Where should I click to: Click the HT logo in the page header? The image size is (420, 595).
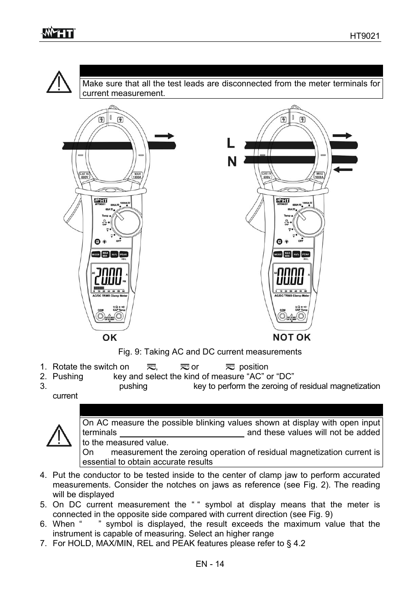click(x=58, y=33)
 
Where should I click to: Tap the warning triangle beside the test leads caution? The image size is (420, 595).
click(x=59, y=82)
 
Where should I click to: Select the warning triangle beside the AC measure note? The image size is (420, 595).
click(x=59, y=437)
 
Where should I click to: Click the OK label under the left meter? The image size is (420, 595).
click(x=110, y=338)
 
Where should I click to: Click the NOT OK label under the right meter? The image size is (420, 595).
click(x=291, y=337)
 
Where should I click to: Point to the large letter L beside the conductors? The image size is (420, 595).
click(x=231, y=143)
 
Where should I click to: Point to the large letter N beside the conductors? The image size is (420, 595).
click(x=232, y=162)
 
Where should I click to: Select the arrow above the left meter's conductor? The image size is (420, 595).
click(x=164, y=136)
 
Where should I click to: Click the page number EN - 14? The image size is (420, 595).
click(x=210, y=564)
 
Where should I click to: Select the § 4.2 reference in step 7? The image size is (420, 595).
click(x=297, y=543)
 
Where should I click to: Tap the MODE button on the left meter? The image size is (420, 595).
click(x=96, y=255)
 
